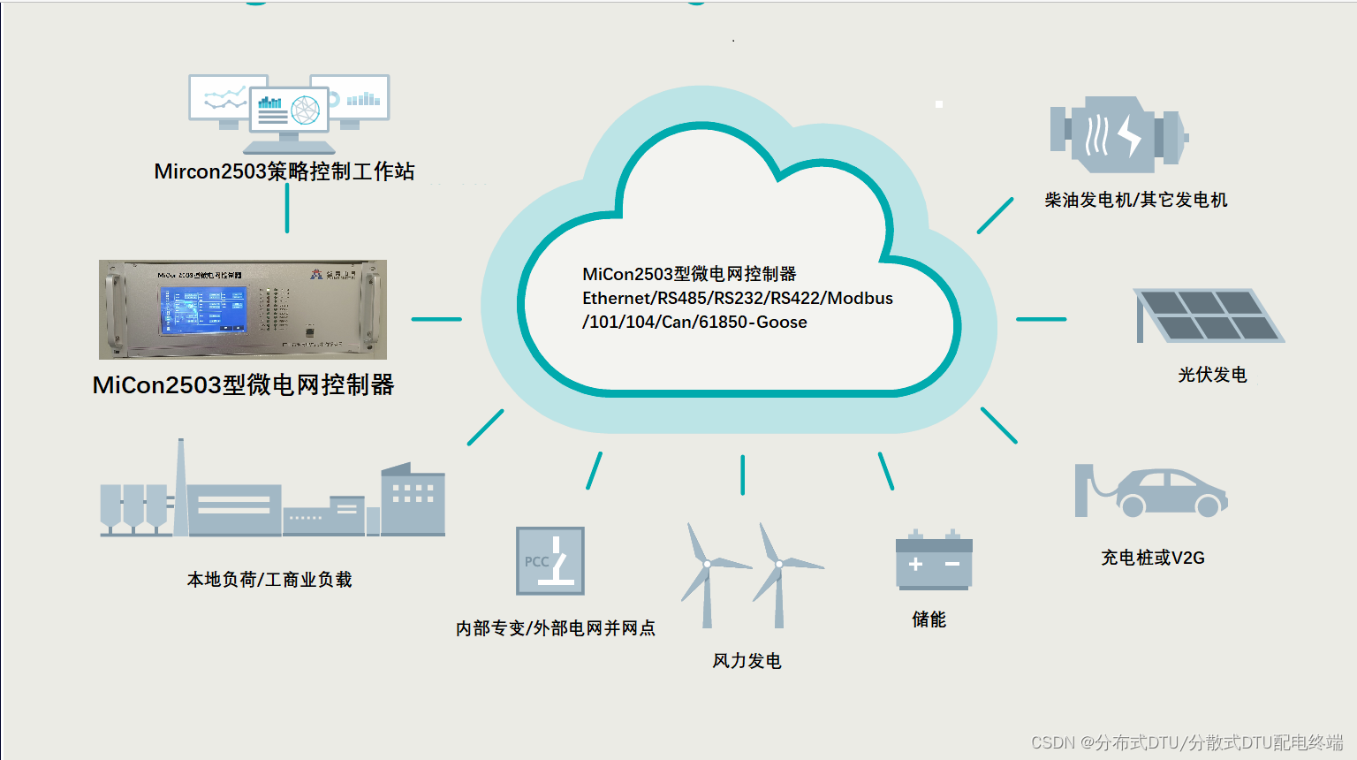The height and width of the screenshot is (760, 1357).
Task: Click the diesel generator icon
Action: [x=1118, y=134]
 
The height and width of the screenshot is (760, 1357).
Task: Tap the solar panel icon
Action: [x=1208, y=315]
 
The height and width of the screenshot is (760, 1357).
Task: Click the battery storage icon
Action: [x=934, y=562]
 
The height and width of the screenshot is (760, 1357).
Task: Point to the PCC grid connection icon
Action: [x=550, y=561]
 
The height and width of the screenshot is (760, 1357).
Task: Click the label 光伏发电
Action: [x=1212, y=375]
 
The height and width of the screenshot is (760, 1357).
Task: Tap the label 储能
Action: [x=929, y=619]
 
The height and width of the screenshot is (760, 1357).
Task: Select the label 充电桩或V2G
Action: [x=1152, y=558]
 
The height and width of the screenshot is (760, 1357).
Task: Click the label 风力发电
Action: [x=747, y=661]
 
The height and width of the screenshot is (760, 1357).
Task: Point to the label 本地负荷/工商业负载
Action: [x=269, y=580]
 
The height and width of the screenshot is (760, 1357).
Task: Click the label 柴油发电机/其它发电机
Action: [x=1135, y=200]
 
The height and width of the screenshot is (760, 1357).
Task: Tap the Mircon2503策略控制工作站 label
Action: [x=284, y=171]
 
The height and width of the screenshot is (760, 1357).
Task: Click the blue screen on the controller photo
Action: [x=202, y=309]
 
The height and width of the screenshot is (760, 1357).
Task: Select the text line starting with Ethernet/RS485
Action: [x=737, y=298]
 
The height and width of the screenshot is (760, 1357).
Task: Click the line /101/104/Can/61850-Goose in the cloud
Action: [x=694, y=322]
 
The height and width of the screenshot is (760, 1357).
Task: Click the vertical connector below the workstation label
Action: [x=287, y=209]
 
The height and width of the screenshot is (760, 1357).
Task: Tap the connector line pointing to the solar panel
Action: [x=1041, y=319]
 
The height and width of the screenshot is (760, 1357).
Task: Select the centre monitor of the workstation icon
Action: [x=289, y=111]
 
